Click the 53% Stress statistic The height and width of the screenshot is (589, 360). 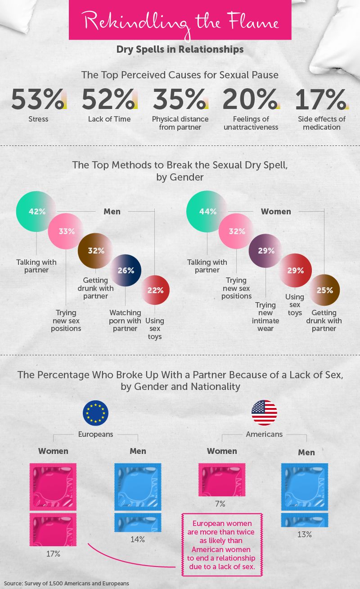[x=37, y=100]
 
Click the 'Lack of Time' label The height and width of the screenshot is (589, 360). [x=109, y=119]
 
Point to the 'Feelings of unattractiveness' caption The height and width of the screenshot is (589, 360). [x=251, y=123]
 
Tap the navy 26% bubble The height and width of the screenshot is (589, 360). [x=126, y=271]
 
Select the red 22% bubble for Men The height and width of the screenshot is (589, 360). [x=155, y=290]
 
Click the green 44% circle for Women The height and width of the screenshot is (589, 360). [x=207, y=211]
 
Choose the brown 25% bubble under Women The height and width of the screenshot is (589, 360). [x=324, y=290]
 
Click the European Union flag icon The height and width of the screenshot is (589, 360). [x=95, y=413]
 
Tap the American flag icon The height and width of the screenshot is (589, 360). [x=264, y=413]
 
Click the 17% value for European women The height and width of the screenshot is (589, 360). [x=53, y=553]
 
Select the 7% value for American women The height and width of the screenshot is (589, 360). [x=220, y=503]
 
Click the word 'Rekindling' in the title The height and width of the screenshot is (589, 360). [x=128, y=21]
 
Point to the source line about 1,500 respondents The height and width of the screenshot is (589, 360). [x=66, y=583]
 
